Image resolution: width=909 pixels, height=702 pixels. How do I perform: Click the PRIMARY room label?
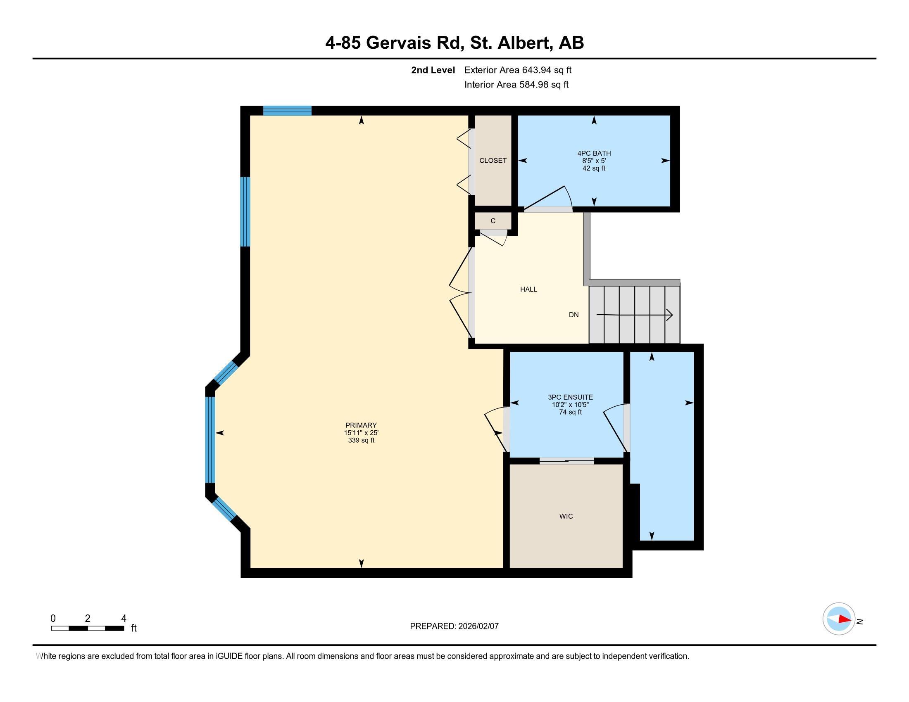(x=361, y=425)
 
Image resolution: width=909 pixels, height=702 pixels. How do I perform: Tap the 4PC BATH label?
(x=594, y=153)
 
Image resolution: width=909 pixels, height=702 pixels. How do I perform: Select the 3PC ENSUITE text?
(x=570, y=397)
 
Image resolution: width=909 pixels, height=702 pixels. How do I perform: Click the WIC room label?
(x=566, y=516)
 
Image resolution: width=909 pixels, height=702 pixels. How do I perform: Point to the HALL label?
(x=528, y=289)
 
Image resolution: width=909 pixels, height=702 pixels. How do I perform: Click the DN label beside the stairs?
(x=573, y=315)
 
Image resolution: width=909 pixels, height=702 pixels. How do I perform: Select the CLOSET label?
(x=493, y=161)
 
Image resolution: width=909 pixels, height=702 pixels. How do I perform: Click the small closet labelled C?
(x=493, y=221)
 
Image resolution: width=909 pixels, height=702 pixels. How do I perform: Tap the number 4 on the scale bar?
(x=124, y=619)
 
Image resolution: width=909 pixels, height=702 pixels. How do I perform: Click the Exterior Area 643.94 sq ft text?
(x=518, y=70)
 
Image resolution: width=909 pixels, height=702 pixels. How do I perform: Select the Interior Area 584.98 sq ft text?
(x=516, y=85)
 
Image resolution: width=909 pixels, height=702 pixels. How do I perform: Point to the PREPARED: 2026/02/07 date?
(x=454, y=626)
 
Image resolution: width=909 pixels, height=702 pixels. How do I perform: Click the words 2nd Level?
(x=433, y=70)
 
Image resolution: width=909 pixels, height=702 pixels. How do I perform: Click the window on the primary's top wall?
(x=287, y=111)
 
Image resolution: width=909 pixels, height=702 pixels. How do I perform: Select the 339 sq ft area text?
(x=361, y=441)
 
